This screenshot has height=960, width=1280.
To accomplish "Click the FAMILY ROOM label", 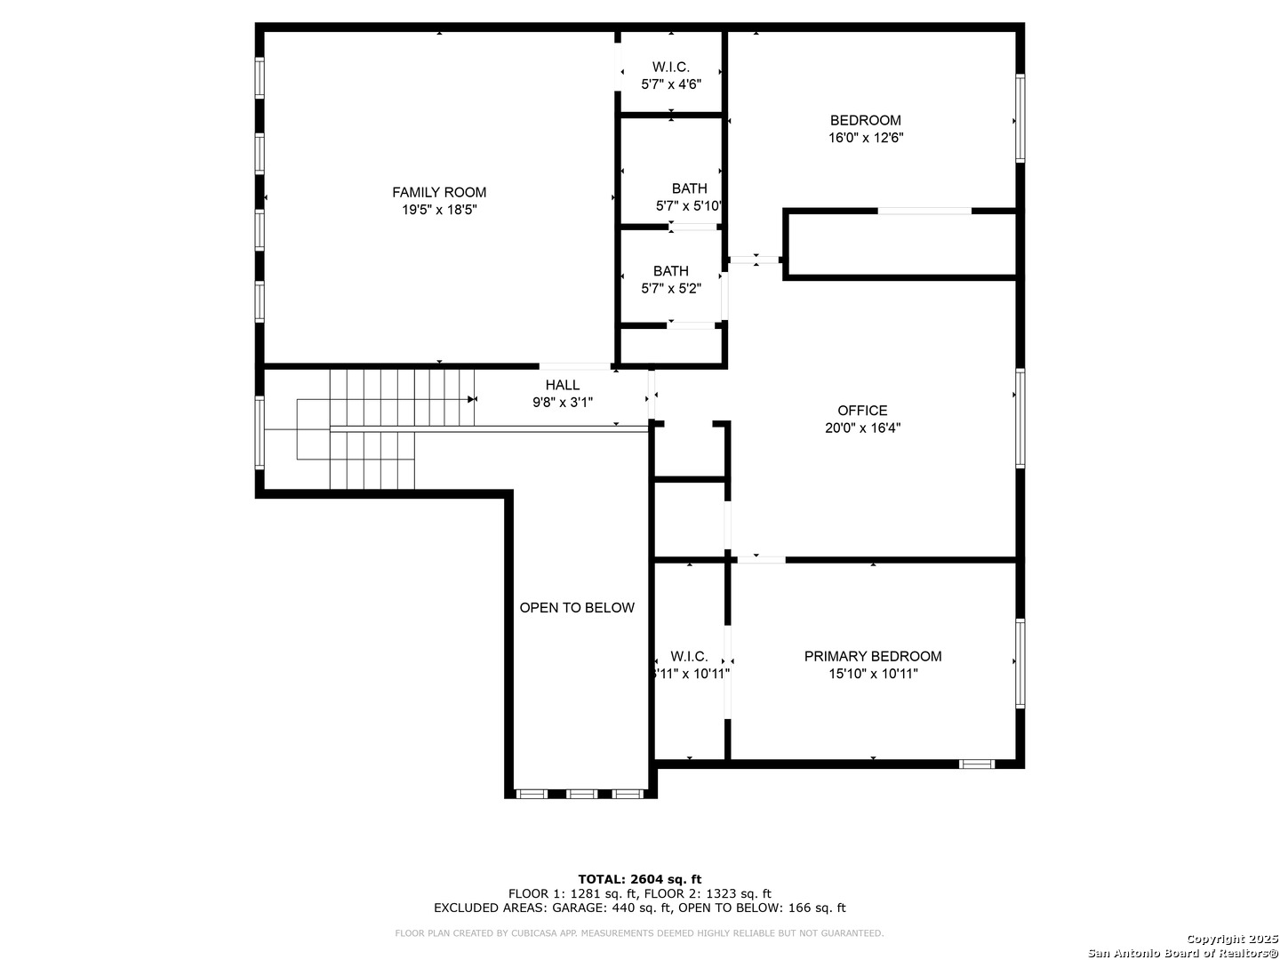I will (439, 192).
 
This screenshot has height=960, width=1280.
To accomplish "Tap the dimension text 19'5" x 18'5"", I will (439, 210).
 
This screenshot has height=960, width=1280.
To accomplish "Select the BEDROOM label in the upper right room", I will (865, 120).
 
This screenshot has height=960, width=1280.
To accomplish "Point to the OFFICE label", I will (862, 410).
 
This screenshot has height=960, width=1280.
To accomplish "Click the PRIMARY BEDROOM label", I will (873, 656).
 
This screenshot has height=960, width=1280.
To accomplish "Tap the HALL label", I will (562, 385).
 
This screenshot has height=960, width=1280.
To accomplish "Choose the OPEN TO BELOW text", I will (577, 608).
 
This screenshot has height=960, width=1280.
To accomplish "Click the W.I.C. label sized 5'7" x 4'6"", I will (670, 67).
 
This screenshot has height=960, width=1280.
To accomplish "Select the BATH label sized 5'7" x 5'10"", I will (689, 188).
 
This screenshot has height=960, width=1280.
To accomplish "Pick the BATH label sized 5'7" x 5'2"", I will (670, 271).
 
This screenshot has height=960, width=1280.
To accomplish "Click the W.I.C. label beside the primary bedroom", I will (689, 656).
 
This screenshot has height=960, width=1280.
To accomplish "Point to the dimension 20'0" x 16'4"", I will (862, 428).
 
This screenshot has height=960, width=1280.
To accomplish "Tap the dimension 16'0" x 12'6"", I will (865, 138).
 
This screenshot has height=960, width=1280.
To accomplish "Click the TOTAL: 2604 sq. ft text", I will (639, 879).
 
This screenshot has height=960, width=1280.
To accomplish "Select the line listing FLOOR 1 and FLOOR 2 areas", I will (639, 893).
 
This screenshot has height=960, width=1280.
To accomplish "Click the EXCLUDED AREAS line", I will (639, 908).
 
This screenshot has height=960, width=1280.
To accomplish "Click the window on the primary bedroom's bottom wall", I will (977, 763).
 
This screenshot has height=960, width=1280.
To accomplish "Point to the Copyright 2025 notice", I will (1231, 939).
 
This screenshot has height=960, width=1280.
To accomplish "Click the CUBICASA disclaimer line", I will (639, 933).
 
